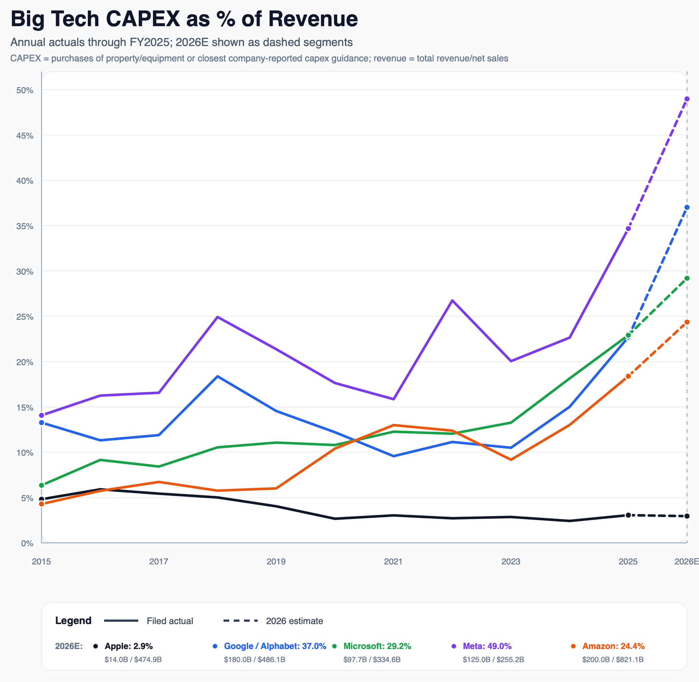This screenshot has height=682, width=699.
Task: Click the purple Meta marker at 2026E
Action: (686, 99)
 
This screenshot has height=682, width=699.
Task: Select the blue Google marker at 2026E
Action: (686, 207)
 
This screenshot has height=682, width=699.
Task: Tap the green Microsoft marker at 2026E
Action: (686, 278)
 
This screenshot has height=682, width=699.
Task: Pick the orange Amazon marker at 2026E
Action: (686, 322)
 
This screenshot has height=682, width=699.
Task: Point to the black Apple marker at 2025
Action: (628, 515)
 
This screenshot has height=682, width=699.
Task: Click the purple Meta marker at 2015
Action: (42, 415)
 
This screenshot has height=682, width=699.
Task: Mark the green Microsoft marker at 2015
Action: (42, 485)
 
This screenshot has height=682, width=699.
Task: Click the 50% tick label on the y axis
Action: (25, 90)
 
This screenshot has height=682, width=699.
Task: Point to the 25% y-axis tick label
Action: (25, 317)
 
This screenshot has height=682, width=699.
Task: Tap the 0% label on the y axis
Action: (27, 543)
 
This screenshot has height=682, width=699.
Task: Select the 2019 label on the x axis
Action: (276, 561)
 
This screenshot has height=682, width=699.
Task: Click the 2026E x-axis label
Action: (686, 561)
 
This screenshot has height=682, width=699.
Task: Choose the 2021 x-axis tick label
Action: (393, 561)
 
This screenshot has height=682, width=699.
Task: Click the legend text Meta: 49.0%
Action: (487, 646)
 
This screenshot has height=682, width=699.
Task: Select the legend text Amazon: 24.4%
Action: (613, 646)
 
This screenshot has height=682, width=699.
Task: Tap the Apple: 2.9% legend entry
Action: (128, 646)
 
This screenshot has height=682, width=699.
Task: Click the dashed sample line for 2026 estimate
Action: (240, 621)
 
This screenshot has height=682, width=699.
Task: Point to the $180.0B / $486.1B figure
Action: (254, 659)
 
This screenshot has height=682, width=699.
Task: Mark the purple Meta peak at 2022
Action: (452, 300)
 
